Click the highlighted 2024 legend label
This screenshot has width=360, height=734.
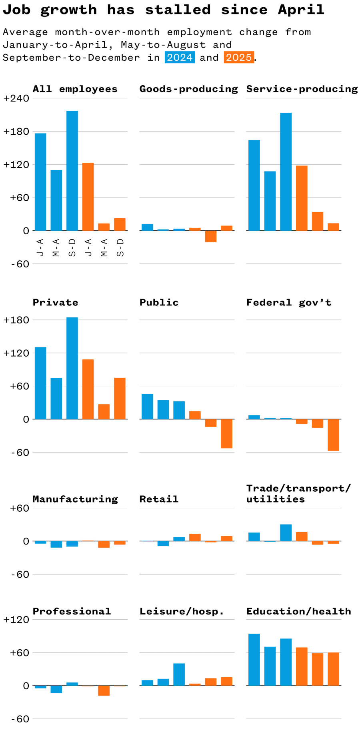(x=180, y=58)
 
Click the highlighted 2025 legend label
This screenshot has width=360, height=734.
(x=239, y=58)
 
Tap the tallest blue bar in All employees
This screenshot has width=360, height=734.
(x=72, y=171)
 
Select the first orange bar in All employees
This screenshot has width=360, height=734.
(x=88, y=197)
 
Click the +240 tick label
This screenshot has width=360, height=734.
(x=16, y=98)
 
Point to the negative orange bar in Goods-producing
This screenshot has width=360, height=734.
(x=211, y=236)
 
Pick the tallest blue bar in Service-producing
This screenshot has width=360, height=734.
(x=286, y=172)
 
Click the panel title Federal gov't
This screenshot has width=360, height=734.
(x=289, y=303)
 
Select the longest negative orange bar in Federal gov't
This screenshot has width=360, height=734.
(x=333, y=435)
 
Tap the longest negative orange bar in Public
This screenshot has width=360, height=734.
(x=226, y=434)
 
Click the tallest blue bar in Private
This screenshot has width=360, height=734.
(x=72, y=368)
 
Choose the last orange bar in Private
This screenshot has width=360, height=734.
(x=120, y=399)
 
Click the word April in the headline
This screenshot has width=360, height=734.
(x=301, y=10)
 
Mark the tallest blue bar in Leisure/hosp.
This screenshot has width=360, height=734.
(x=179, y=674)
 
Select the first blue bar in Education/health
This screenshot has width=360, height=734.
(x=254, y=660)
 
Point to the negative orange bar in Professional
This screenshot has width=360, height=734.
(x=104, y=690)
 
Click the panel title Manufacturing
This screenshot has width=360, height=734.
(x=75, y=499)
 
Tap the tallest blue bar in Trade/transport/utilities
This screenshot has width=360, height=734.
(x=286, y=533)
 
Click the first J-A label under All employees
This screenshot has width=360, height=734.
(x=40, y=248)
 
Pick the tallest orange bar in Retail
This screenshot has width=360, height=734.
(x=195, y=537)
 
